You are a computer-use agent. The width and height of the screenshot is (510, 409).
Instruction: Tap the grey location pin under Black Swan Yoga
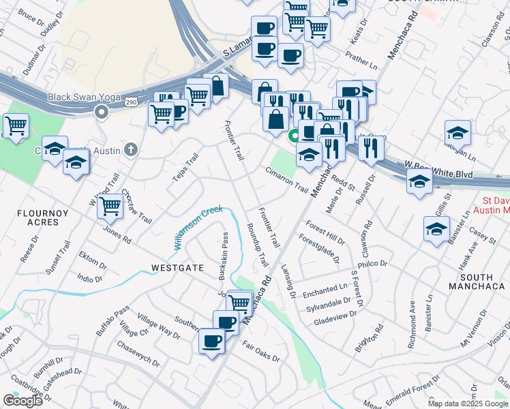pos(102,112)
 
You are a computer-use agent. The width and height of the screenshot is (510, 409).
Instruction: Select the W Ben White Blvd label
pos(439,170)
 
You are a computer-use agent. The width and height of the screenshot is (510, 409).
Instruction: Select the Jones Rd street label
pos(117,234)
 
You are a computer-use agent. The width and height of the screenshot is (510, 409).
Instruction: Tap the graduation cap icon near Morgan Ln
pos(457,133)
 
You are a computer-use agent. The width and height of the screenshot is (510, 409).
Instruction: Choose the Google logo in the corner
pos(22,401)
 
